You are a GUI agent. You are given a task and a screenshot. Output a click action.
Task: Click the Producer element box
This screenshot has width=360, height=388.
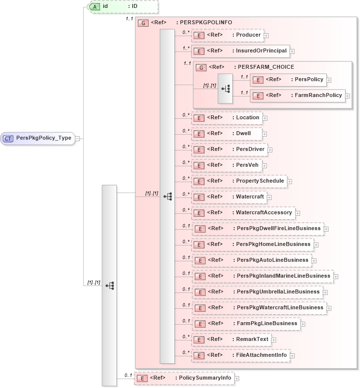(227, 35)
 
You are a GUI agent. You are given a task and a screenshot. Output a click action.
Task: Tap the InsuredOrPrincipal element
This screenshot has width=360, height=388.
(240, 51)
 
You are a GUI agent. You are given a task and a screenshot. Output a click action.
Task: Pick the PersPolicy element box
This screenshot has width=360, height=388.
(288, 79)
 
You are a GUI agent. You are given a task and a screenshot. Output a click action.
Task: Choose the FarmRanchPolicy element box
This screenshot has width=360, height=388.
(298, 96)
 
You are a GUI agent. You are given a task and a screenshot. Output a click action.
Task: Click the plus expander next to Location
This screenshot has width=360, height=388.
(265, 118)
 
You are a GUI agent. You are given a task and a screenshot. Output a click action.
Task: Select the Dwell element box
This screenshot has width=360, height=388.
(226, 134)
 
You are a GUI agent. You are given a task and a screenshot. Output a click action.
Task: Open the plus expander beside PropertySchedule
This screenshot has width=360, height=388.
(290, 181)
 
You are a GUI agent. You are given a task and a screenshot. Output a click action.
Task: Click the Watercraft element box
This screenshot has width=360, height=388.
(229, 197)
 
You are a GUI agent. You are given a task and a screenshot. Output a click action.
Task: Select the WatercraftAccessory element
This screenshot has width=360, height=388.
(243, 213)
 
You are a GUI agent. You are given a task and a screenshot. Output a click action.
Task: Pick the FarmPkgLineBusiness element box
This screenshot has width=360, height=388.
(246, 324)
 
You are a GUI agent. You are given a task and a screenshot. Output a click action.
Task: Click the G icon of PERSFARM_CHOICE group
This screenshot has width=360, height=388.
(201, 67)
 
